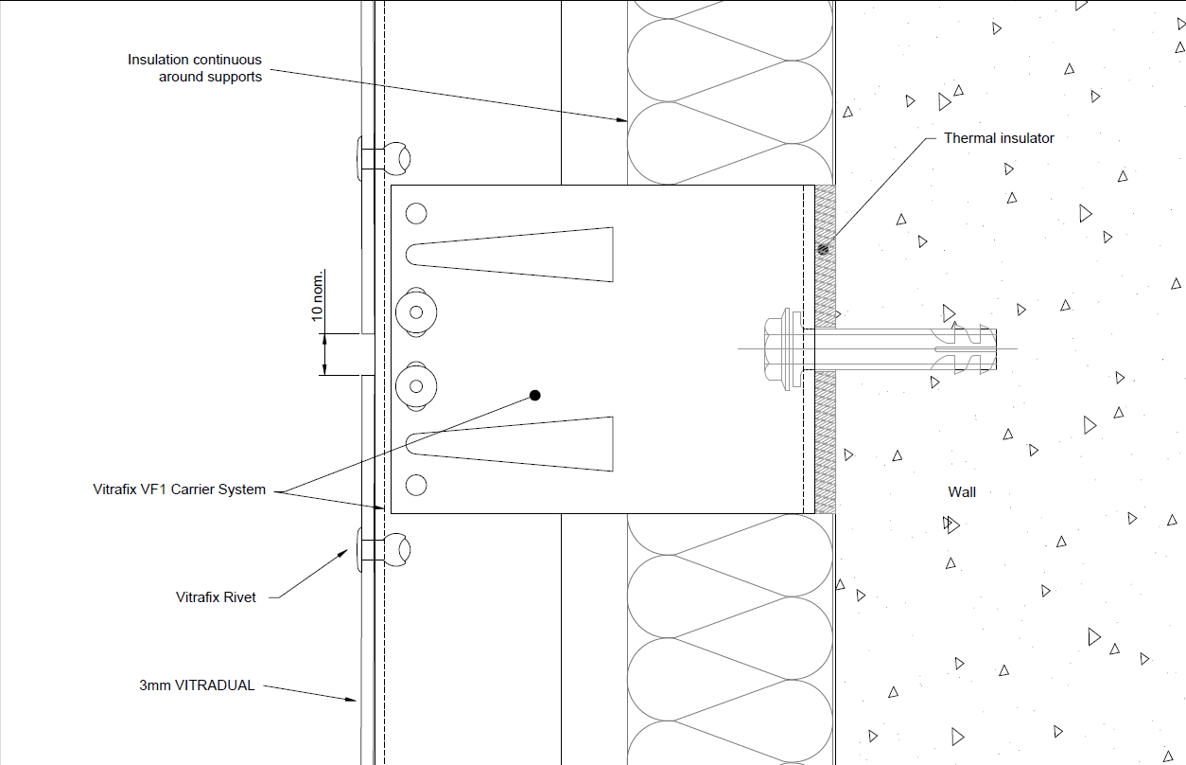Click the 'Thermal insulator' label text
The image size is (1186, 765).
999,138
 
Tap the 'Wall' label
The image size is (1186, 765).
962,492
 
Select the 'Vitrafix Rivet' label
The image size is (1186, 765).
216,597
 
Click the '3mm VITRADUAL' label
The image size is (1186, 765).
197,685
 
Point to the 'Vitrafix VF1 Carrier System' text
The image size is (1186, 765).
179,489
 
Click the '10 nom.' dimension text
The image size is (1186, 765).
317,295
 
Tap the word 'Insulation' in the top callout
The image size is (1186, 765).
158,60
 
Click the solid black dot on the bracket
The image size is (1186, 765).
534,396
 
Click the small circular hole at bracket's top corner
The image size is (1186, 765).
416,214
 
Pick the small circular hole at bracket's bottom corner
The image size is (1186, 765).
416,485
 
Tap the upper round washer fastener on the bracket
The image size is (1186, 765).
416,312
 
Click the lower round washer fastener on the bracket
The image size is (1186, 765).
416,386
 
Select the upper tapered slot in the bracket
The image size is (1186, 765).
510,255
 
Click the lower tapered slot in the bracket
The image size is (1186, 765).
510,444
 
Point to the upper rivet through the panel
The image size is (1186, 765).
383,158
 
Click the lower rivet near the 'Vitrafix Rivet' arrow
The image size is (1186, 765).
383,550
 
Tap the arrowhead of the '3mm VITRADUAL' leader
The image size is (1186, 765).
351,700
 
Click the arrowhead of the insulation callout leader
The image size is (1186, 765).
622,120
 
